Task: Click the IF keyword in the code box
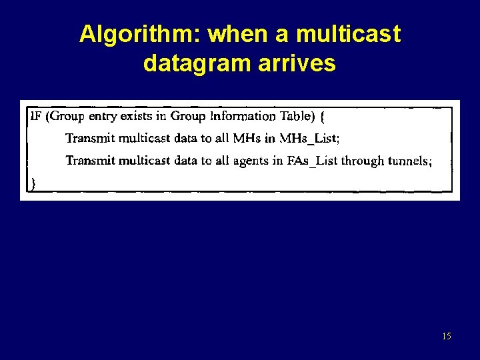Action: pyautogui.click(x=36, y=116)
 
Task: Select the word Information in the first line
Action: pyautogui.click(x=243, y=116)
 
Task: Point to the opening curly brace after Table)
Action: pyautogui.click(x=323, y=117)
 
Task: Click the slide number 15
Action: pyautogui.click(x=446, y=337)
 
